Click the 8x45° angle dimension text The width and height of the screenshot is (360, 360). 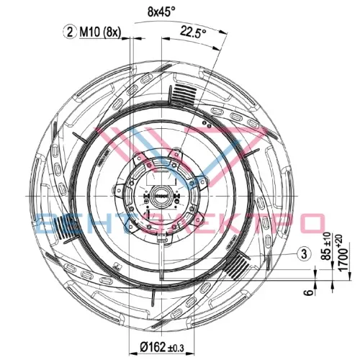(161, 12)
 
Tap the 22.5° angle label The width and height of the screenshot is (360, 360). (194, 32)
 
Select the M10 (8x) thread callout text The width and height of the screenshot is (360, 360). (100, 32)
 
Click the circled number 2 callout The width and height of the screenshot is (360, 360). (70, 32)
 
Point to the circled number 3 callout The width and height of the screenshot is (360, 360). (305, 253)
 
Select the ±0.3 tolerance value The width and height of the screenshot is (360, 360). (176, 348)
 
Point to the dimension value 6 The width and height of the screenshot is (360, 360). (310, 292)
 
